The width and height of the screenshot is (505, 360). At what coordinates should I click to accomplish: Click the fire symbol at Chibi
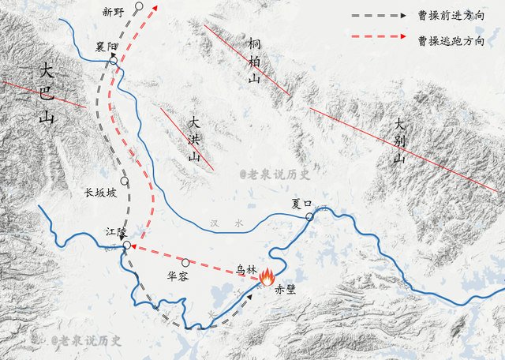point(267,276)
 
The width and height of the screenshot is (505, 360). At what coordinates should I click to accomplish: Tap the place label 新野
point(114,12)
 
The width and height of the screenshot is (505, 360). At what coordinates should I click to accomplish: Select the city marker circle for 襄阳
point(114,60)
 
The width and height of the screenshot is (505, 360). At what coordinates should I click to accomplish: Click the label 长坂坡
point(100,192)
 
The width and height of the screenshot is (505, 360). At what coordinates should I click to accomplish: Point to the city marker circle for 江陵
point(127,246)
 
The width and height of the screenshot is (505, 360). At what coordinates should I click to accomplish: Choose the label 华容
point(178,277)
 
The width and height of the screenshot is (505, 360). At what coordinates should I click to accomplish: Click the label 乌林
point(247,269)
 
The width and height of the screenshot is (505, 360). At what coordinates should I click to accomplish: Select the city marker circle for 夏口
point(310,216)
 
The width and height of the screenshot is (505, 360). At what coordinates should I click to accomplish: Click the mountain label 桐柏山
point(254,60)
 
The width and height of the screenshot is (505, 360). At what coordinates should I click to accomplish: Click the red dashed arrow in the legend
point(380,37)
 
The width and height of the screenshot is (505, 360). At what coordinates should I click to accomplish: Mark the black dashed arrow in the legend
point(380,15)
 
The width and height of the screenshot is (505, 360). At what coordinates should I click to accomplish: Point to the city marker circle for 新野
point(139,6)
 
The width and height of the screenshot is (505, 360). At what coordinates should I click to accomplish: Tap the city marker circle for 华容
point(186,262)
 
